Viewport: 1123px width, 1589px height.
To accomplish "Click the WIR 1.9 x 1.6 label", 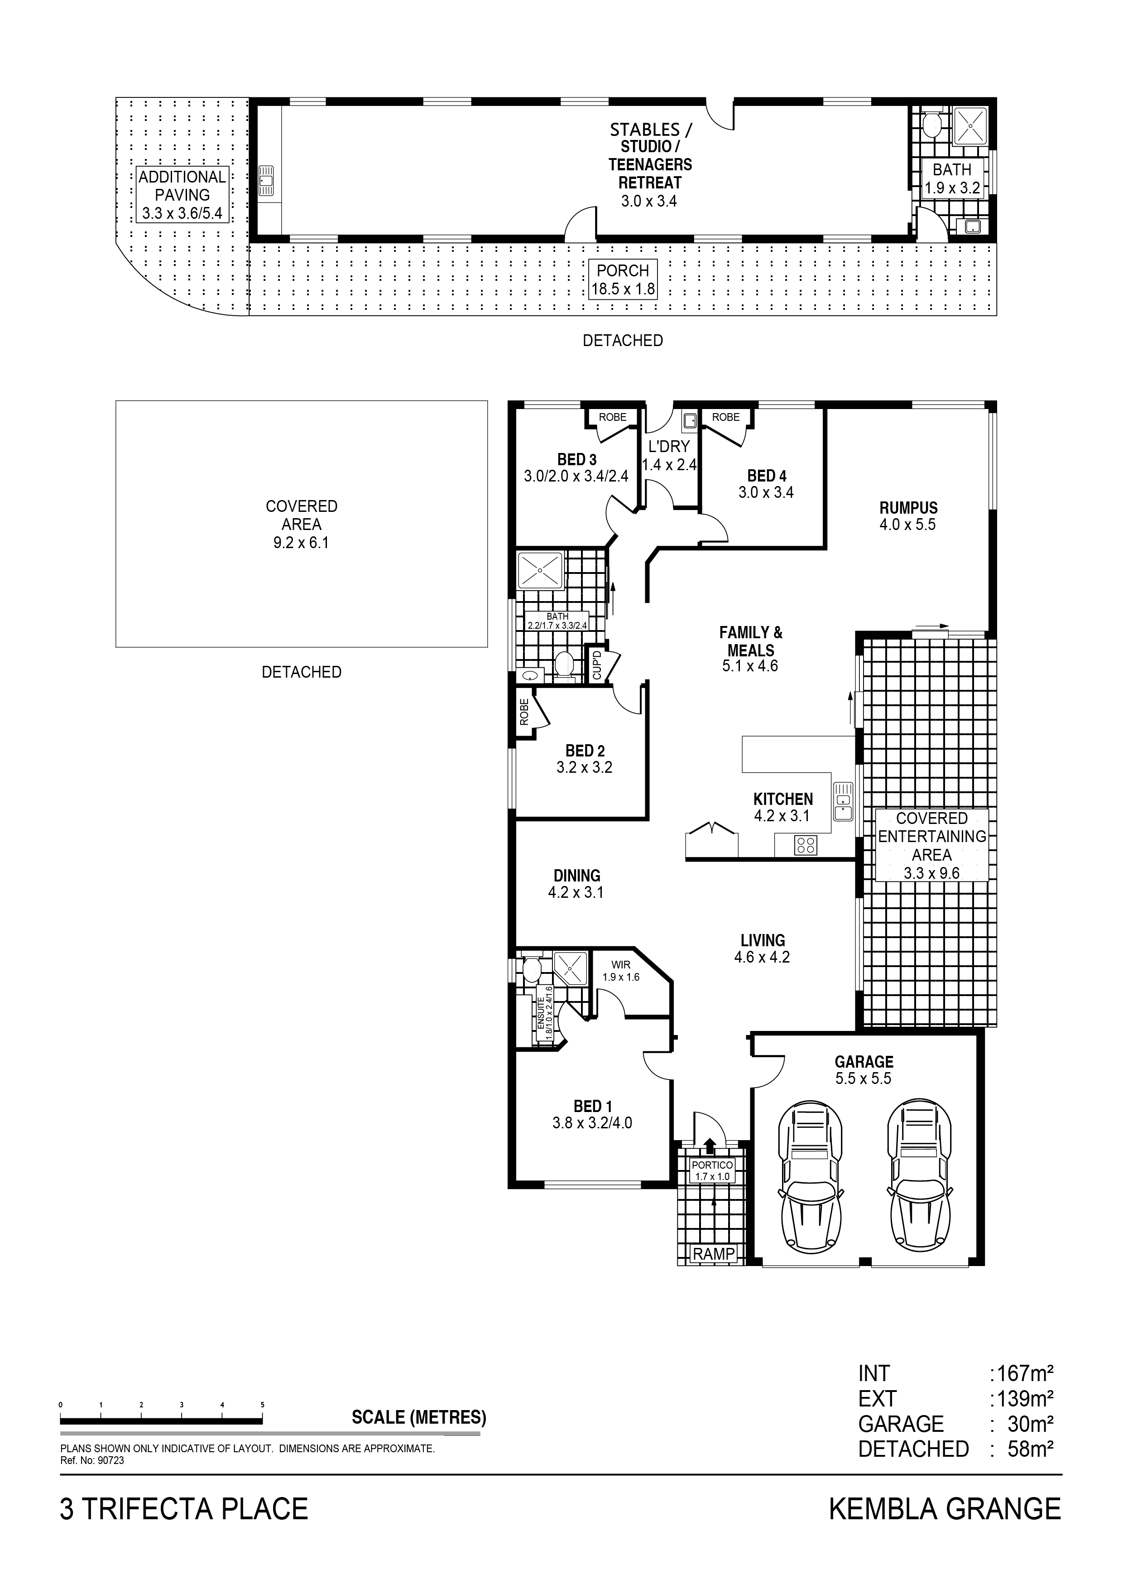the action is click(x=621, y=971).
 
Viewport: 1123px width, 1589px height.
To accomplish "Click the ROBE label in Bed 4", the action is click(x=726, y=417).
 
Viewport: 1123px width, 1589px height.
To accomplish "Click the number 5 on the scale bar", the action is click(x=262, y=1405).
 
